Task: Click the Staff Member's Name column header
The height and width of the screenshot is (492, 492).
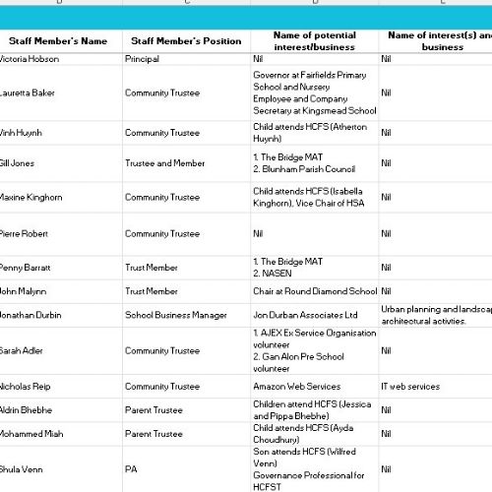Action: coord(59,41)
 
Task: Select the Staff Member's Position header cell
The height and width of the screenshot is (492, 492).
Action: coord(185,41)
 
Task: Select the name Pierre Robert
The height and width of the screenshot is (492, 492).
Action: coord(24,234)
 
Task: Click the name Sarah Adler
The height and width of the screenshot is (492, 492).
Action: coord(23,351)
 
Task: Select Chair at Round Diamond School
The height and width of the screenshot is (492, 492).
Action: coord(314,291)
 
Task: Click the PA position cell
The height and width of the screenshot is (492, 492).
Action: coord(131,470)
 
